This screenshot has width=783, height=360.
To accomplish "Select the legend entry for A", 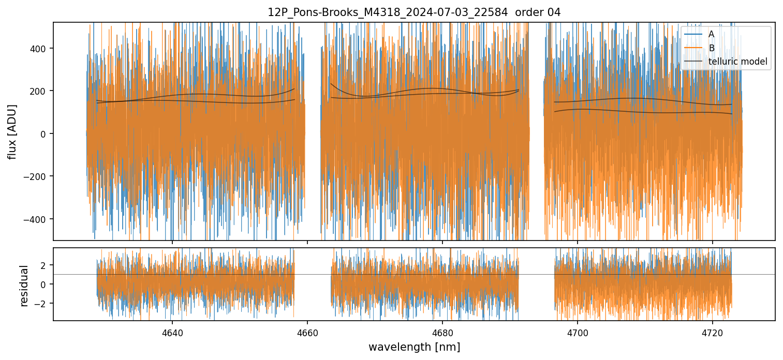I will pyautogui.click(x=711, y=34).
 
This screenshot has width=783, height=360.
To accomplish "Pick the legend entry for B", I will pyautogui.click(x=711, y=48).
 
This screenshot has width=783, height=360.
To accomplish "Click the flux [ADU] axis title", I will pyautogui.click(x=12, y=131).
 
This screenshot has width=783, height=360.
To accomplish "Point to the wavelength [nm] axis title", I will pyautogui.click(x=414, y=347).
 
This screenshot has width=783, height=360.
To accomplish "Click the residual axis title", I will pyautogui.click(x=24, y=286).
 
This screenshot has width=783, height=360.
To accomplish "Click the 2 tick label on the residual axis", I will pyautogui.click(x=44, y=265).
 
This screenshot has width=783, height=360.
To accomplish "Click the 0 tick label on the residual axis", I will pyautogui.click(x=44, y=284).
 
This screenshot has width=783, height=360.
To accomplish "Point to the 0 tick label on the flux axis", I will pyautogui.click(x=44, y=134).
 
